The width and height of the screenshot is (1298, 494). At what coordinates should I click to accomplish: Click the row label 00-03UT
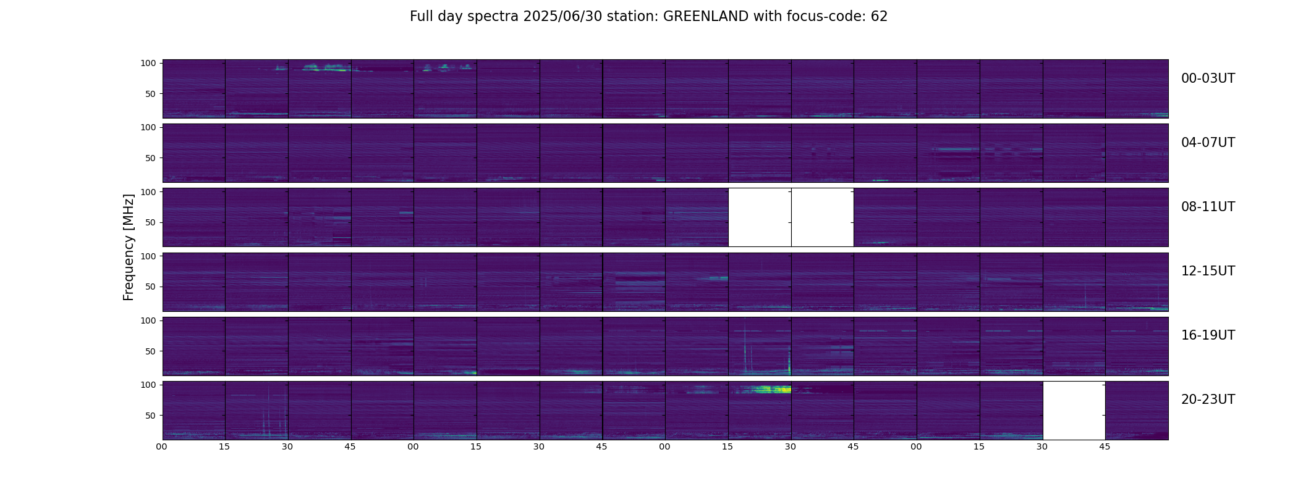1208,78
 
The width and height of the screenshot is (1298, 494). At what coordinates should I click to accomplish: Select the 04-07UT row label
1208,143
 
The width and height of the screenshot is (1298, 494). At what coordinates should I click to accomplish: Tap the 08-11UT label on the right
1208,207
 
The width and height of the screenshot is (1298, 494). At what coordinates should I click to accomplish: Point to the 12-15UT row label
1208,271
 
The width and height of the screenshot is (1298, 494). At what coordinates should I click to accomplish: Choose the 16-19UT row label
1208,335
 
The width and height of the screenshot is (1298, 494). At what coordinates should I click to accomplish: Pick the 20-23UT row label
1208,400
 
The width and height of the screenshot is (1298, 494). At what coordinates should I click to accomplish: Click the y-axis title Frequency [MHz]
129,248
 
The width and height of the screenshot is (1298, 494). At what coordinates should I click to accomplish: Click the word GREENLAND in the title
706,17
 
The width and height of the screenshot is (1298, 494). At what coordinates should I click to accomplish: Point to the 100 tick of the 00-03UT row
148,63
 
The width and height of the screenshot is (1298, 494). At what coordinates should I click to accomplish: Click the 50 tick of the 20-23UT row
150,416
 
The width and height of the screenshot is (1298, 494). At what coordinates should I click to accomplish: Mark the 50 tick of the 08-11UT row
150,222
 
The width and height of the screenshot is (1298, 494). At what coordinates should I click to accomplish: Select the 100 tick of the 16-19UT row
148,320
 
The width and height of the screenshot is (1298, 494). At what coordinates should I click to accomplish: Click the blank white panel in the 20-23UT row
1074,411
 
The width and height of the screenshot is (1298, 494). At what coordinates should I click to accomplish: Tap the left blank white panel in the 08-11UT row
760,217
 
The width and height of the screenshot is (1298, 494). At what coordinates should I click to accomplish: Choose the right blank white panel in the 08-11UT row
823,217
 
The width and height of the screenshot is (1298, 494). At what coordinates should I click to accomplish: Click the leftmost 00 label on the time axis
162,446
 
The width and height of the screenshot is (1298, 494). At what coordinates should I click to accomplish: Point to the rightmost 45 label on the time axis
1105,446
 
